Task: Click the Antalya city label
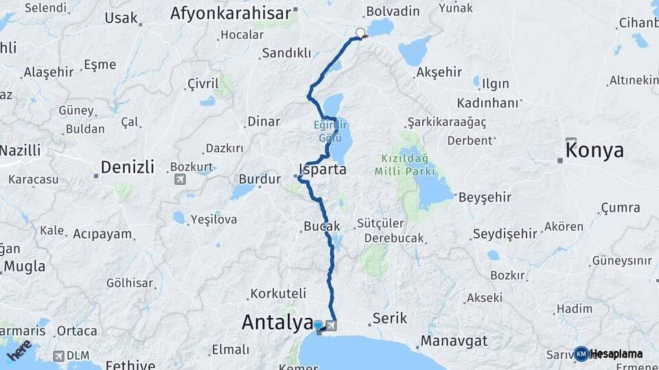click(x=276, y=323)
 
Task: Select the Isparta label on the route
click(x=323, y=169)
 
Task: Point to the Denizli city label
click(x=127, y=166)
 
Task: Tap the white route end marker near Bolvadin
click(x=360, y=32)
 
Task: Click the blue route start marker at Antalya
click(x=318, y=324)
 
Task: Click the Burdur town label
click(x=260, y=180)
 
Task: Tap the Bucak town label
click(x=321, y=226)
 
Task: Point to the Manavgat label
click(x=454, y=341)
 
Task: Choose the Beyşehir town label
click(x=485, y=197)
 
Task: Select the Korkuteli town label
click(x=278, y=293)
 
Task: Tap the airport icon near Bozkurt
click(x=180, y=180)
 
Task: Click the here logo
click(x=19, y=349)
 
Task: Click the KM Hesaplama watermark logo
click(x=608, y=354)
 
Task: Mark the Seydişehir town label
click(x=505, y=234)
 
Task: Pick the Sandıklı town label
click(x=287, y=53)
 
